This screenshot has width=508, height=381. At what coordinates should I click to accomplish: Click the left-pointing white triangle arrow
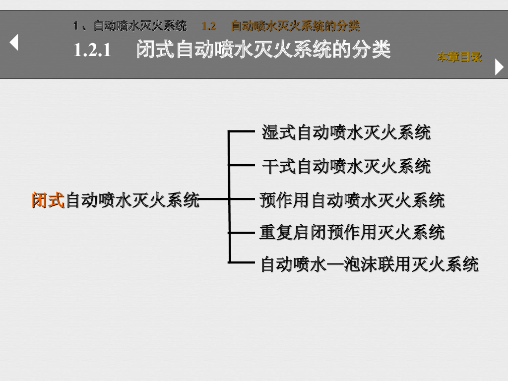pyautogui.click(x=14, y=42)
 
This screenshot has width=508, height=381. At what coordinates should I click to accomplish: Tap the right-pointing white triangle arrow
pyautogui.click(x=499, y=67)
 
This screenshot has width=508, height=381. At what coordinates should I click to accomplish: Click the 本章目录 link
pyautogui.click(x=459, y=57)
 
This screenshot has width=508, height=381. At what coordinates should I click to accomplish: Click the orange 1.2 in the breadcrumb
pyautogui.click(x=208, y=26)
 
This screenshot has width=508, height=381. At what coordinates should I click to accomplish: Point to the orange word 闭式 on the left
pyautogui.click(x=48, y=200)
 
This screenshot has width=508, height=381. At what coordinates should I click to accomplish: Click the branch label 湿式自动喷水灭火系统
pyautogui.click(x=346, y=132)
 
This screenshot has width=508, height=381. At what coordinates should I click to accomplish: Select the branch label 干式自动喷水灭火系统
pyautogui.click(x=346, y=166)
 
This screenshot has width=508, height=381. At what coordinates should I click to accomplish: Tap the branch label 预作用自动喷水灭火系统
pyautogui.click(x=352, y=200)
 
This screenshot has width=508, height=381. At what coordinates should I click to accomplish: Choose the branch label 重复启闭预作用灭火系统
pyautogui.click(x=352, y=232)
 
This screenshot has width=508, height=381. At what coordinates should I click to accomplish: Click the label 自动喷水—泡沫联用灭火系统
pyautogui.click(x=370, y=264)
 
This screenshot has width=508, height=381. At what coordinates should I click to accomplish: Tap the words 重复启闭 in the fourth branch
pyautogui.click(x=292, y=232)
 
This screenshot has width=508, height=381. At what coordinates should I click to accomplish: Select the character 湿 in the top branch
pyautogui.click(x=270, y=132)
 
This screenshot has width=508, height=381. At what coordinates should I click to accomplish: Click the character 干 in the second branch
pyautogui.click(x=270, y=166)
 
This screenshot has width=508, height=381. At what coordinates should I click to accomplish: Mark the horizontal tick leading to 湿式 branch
pyautogui.click(x=242, y=132)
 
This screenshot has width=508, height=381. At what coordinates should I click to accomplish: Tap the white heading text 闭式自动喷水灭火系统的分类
pyautogui.click(x=263, y=50)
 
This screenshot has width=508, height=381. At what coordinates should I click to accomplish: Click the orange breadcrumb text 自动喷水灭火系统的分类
pyautogui.click(x=295, y=26)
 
